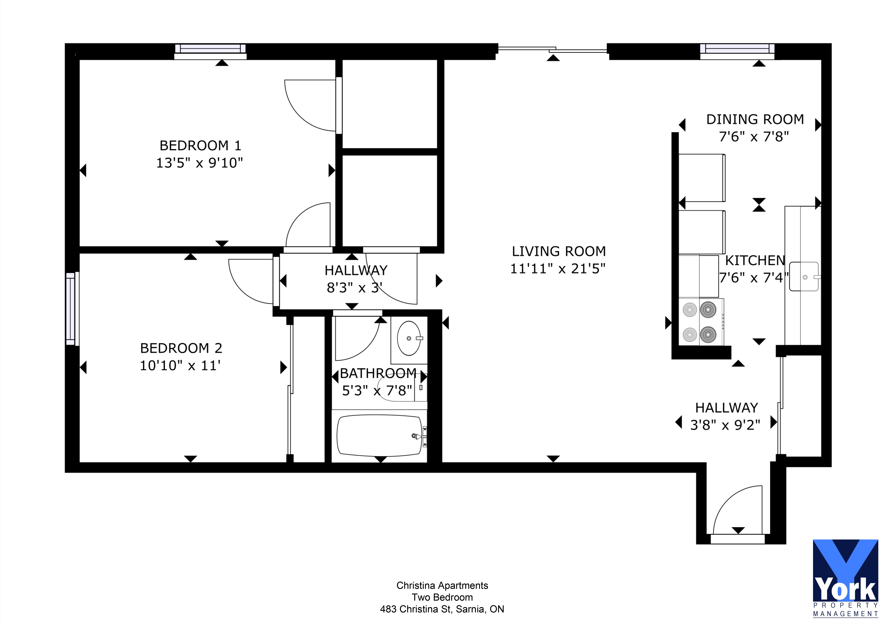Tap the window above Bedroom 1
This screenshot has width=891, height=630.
(210, 49)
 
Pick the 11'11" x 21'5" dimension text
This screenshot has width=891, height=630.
(558, 268)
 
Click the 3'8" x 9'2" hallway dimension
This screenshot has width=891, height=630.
(725, 425)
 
